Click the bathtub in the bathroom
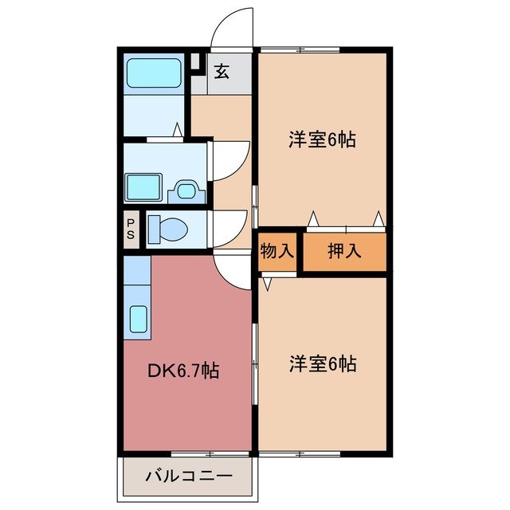(155, 73)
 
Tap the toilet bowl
(167, 229)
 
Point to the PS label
(131, 229)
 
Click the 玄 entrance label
(222, 73)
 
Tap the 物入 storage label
(277, 252)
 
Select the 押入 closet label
(345, 252)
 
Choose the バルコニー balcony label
(188, 477)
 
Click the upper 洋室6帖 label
(322, 140)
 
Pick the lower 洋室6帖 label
(322, 364)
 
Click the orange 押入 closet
(345, 252)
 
